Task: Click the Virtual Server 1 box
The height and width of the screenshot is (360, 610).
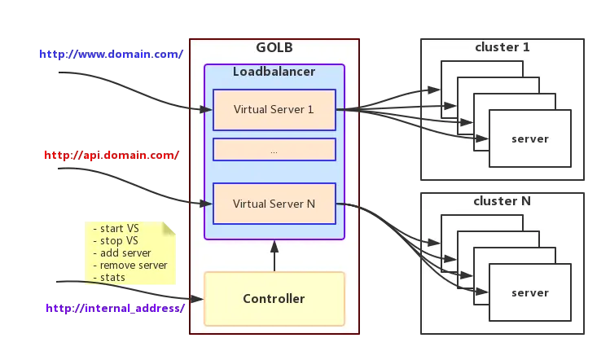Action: (274, 110)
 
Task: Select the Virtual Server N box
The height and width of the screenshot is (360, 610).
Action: (274, 204)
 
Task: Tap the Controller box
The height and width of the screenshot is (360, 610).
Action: (274, 299)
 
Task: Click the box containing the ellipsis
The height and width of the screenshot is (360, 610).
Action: (274, 150)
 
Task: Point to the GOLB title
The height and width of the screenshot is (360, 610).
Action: (274, 47)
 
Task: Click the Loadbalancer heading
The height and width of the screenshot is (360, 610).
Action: (274, 72)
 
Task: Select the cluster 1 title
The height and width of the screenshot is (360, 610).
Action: (502, 47)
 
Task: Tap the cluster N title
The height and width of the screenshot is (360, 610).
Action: (502, 201)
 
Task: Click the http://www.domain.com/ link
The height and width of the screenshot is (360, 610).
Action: (111, 54)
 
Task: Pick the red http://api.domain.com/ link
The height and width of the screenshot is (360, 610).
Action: (111, 155)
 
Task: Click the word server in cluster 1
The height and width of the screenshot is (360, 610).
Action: (529, 139)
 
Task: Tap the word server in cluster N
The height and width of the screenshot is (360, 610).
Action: (529, 293)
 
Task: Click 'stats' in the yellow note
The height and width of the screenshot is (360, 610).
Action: (112, 278)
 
